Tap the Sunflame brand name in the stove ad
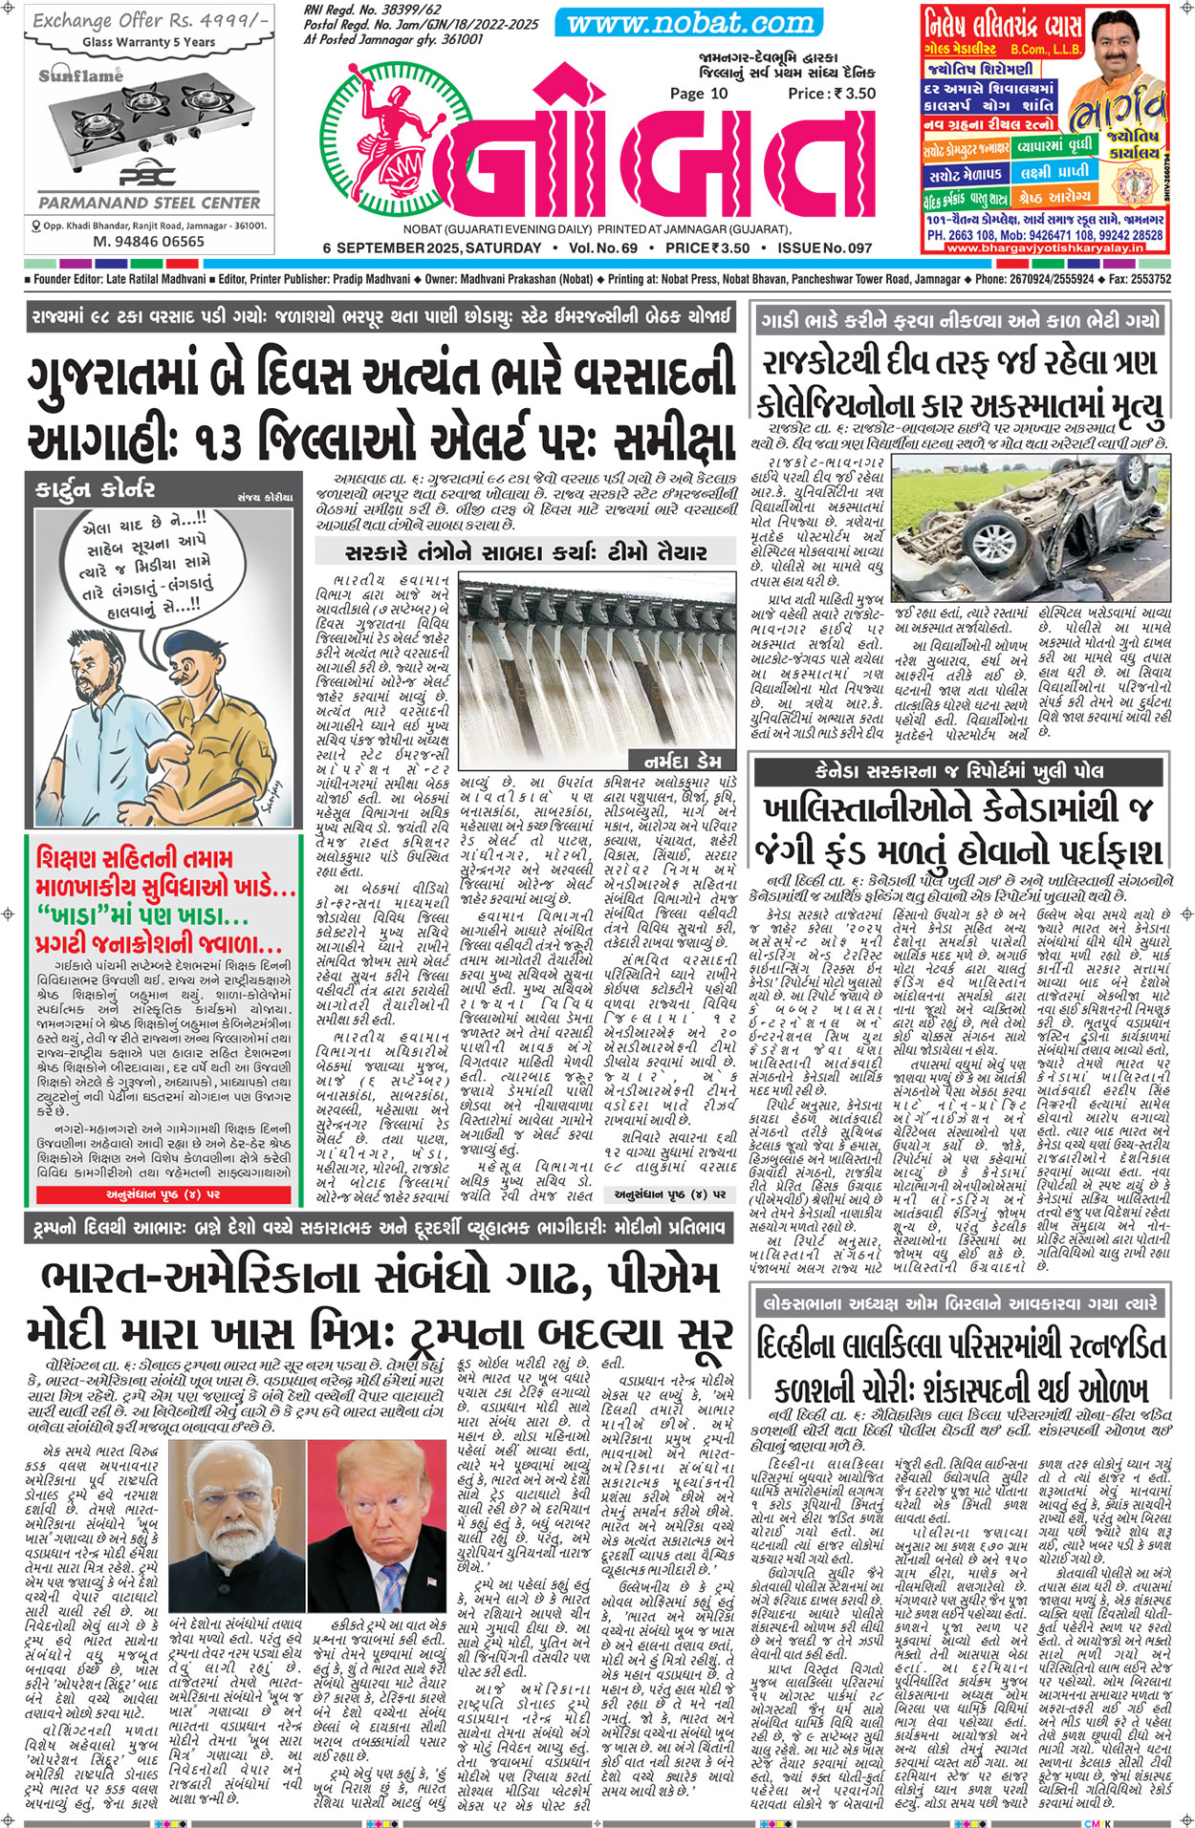click(81, 75)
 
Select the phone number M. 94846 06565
click(148, 242)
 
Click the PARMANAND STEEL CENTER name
click(149, 203)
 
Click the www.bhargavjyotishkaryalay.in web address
click(1045, 247)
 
